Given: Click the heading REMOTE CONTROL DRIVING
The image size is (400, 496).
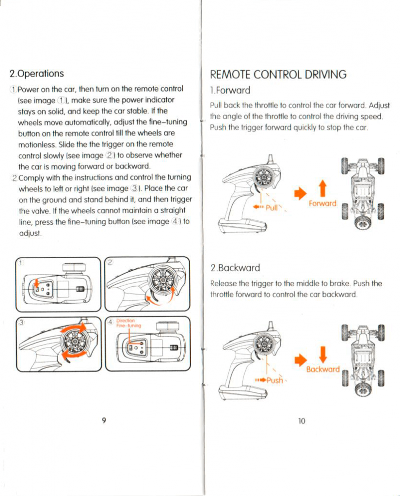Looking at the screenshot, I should click(278, 74).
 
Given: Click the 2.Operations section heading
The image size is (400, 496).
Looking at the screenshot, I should click(37, 74).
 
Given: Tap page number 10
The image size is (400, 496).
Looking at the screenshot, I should click(301, 420).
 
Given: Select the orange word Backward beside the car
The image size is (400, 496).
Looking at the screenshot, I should click(323, 369).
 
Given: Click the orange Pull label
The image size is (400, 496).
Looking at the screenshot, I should click(271, 207).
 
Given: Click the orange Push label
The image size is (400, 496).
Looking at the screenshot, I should click(274, 380).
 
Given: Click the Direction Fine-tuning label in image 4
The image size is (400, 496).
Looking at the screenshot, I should click(128, 323).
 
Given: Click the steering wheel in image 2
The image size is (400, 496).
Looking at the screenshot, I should click(162, 281).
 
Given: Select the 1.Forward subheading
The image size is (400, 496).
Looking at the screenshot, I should click(230, 90).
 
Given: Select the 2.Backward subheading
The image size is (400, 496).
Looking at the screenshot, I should click(235, 268).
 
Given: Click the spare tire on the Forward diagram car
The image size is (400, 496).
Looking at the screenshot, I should click(363, 222).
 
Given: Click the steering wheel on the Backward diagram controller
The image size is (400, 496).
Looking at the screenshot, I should click(264, 344).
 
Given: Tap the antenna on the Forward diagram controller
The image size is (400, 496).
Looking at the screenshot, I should click(271, 160).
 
